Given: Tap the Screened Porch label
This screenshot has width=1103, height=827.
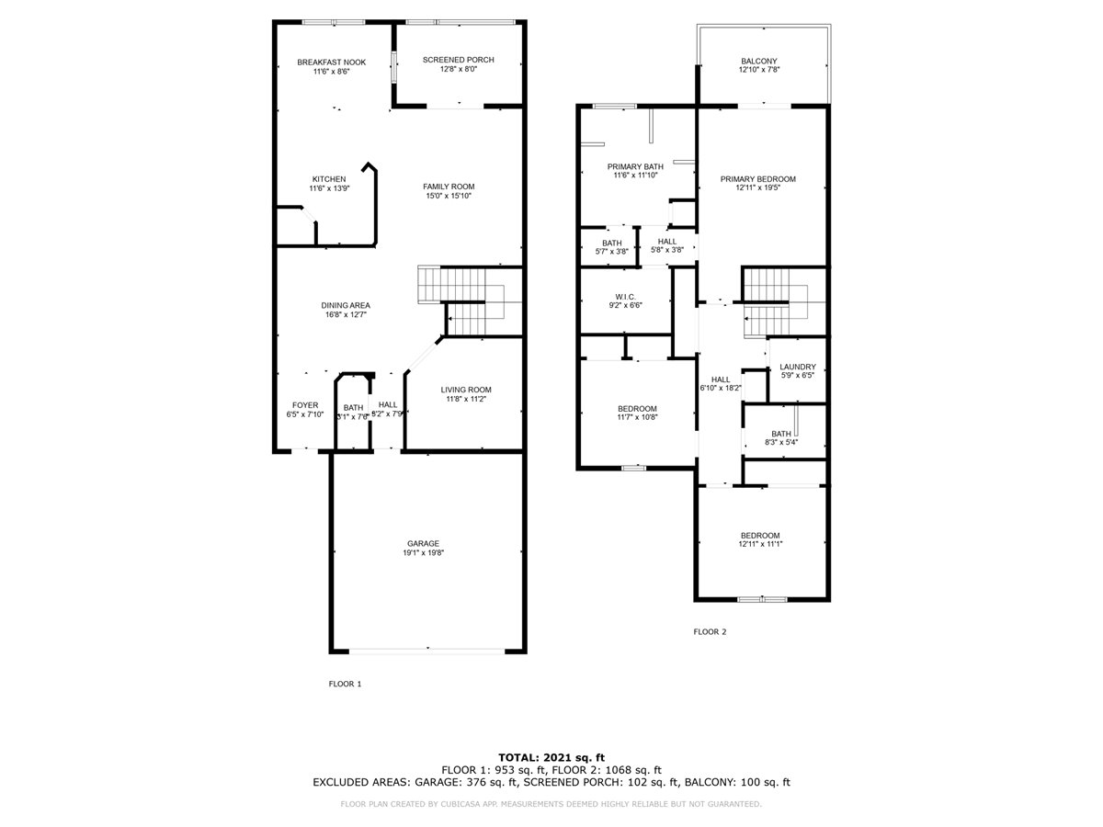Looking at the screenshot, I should point(458,60).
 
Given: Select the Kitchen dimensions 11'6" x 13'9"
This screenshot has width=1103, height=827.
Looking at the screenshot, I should point(329,188).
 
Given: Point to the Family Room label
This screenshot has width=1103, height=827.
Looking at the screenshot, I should point(449,187).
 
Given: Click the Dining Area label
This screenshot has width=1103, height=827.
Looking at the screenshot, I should point(346,305).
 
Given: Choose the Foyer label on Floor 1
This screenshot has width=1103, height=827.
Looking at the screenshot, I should point(305,405).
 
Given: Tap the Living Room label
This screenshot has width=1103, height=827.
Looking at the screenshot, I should point(466,389).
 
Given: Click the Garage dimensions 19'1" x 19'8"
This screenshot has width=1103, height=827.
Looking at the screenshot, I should point(424,552).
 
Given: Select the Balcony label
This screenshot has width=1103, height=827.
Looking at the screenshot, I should point(758,62).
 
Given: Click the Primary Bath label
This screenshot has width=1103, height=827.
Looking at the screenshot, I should point(635,166).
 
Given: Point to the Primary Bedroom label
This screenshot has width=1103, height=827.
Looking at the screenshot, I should point(758,179).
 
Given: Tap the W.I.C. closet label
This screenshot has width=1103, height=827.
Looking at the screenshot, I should point(624,296).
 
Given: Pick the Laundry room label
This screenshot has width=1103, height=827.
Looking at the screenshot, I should point(797,367).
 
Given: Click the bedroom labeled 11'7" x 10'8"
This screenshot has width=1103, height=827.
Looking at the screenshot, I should point(637,409).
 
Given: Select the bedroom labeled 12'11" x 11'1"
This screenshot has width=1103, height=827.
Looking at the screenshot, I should point(760,536).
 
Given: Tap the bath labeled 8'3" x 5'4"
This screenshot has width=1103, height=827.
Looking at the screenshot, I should point(781,434).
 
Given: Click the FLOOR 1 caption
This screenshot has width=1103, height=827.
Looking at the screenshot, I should point(345,684).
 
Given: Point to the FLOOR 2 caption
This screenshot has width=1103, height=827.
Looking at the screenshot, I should point(710,631).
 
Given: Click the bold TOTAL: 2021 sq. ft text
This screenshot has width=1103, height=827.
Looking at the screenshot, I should point(551,756).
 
